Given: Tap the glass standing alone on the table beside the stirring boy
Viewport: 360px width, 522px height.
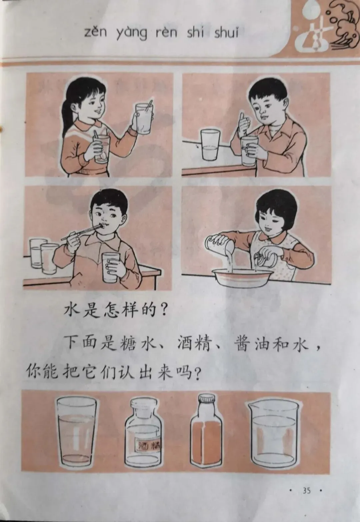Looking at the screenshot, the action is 210,145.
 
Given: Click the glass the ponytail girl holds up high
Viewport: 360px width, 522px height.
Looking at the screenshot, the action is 144,119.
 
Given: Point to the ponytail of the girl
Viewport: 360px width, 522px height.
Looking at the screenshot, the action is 67,119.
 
